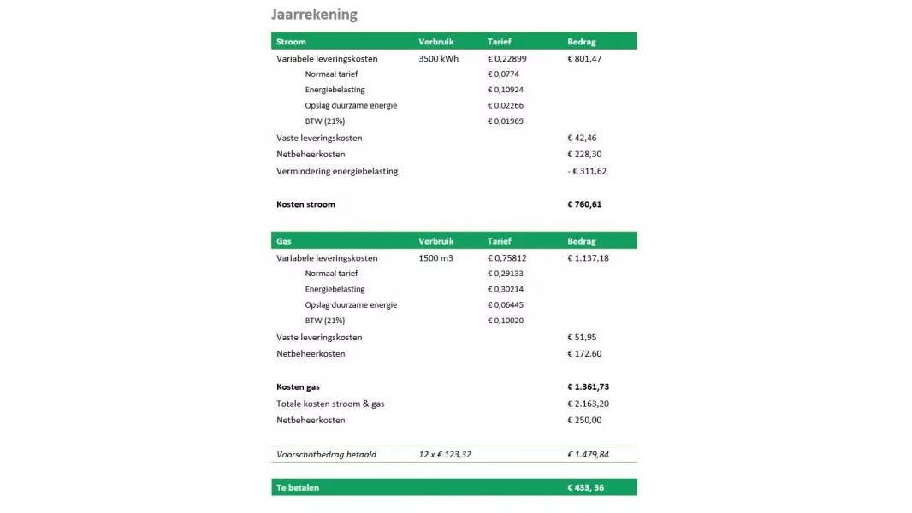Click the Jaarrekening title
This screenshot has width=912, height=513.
[314, 15]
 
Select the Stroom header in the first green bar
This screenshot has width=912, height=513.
[291, 41]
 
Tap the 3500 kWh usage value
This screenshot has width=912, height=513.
[438, 59]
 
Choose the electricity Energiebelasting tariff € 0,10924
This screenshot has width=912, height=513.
[506, 90]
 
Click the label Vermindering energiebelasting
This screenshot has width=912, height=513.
[337, 171]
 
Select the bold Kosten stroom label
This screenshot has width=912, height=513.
[305, 204]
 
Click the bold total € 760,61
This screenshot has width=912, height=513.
[584, 204]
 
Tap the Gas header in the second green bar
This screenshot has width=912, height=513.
[283, 241]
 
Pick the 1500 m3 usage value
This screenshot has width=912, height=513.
[435, 257]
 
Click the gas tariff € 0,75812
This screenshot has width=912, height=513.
[506, 257]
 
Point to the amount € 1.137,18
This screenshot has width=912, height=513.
[588, 257]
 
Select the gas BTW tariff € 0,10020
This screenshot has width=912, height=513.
[506, 321]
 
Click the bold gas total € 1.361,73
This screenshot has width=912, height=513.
[588, 386]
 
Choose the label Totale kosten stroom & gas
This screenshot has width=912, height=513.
[330, 404]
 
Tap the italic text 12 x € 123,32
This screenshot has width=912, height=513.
[445, 454]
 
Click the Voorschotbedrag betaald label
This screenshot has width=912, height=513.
[326, 454]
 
